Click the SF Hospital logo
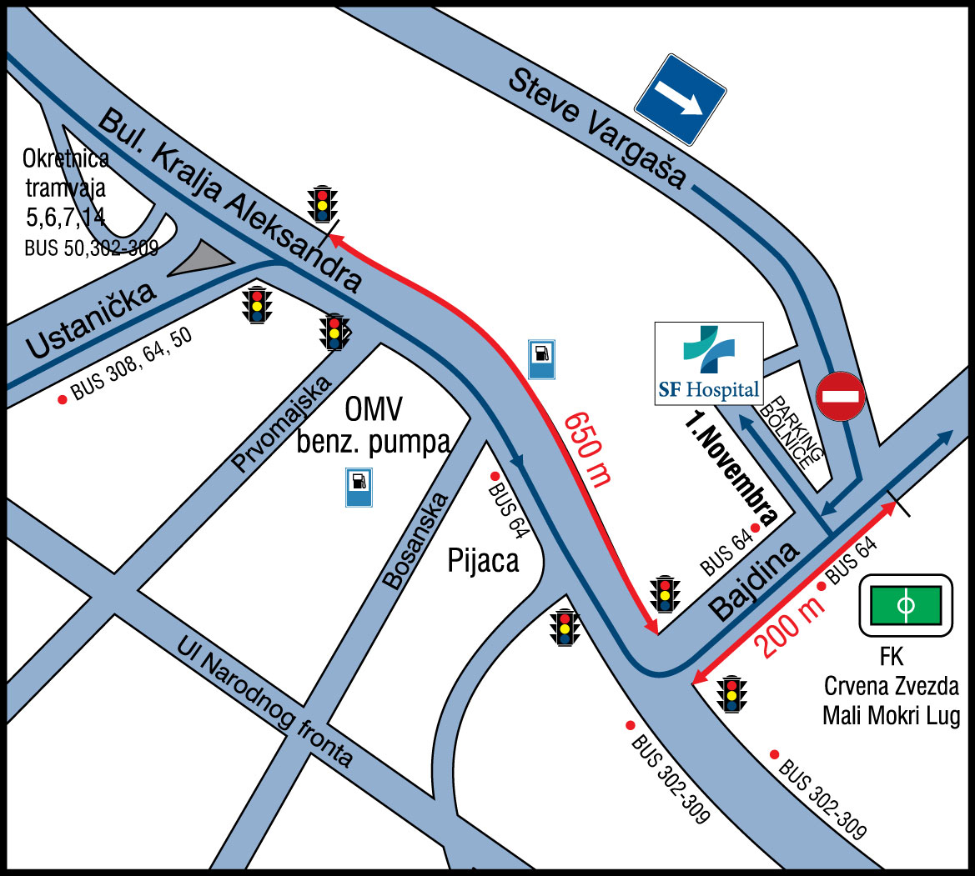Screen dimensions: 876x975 click(708, 363)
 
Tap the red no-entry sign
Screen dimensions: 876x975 click(841, 396)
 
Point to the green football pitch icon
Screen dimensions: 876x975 click(906, 603)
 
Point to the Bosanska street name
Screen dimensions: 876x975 click(417, 541)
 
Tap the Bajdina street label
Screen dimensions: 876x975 click(755, 580)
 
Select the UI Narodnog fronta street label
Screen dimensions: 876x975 click(266, 703)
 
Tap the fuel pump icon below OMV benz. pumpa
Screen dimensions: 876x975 click(359, 487)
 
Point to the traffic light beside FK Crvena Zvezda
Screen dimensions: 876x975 click(732, 693)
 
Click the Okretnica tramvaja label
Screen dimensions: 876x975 click(66, 188)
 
